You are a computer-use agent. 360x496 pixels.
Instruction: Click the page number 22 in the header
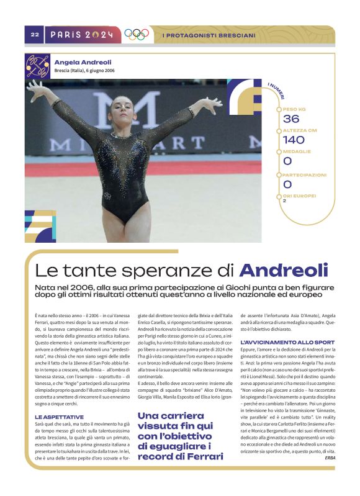click(35, 35)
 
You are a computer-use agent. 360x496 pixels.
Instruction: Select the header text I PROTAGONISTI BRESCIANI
click(209, 35)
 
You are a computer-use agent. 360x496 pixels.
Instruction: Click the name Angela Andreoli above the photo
click(83, 62)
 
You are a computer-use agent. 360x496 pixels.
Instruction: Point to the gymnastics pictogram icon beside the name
click(37, 66)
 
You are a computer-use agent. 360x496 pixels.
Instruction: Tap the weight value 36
click(290, 119)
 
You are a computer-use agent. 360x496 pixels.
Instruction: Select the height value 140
click(293, 140)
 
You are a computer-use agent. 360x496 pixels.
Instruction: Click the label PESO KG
click(294, 109)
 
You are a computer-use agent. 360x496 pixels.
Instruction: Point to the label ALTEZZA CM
click(300, 130)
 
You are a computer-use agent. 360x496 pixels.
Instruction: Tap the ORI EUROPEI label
click(299, 196)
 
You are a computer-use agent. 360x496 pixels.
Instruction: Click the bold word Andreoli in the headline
click(284, 271)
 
